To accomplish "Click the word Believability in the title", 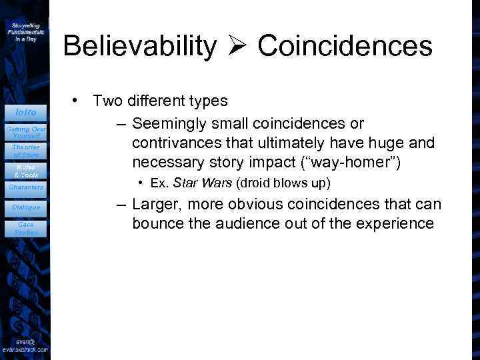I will tap(139, 46).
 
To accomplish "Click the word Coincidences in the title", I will tap(345, 46).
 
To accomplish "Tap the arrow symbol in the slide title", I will tap(237, 46).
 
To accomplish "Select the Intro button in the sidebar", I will tap(25, 112).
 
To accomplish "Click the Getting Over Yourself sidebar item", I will tap(25, 130).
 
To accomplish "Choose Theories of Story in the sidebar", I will tap(25, 150).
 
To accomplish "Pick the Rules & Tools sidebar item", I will tap(25, 169).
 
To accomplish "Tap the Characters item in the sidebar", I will tap(25, 187).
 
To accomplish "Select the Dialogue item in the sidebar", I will tap(25, 207).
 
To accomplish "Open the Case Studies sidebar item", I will tap(25, 228).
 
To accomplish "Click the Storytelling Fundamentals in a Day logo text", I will tap(25, 31).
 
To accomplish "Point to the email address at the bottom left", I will tap(25, 345).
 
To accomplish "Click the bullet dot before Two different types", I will tap(77, 101).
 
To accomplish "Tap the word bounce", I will tap(157, 223).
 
